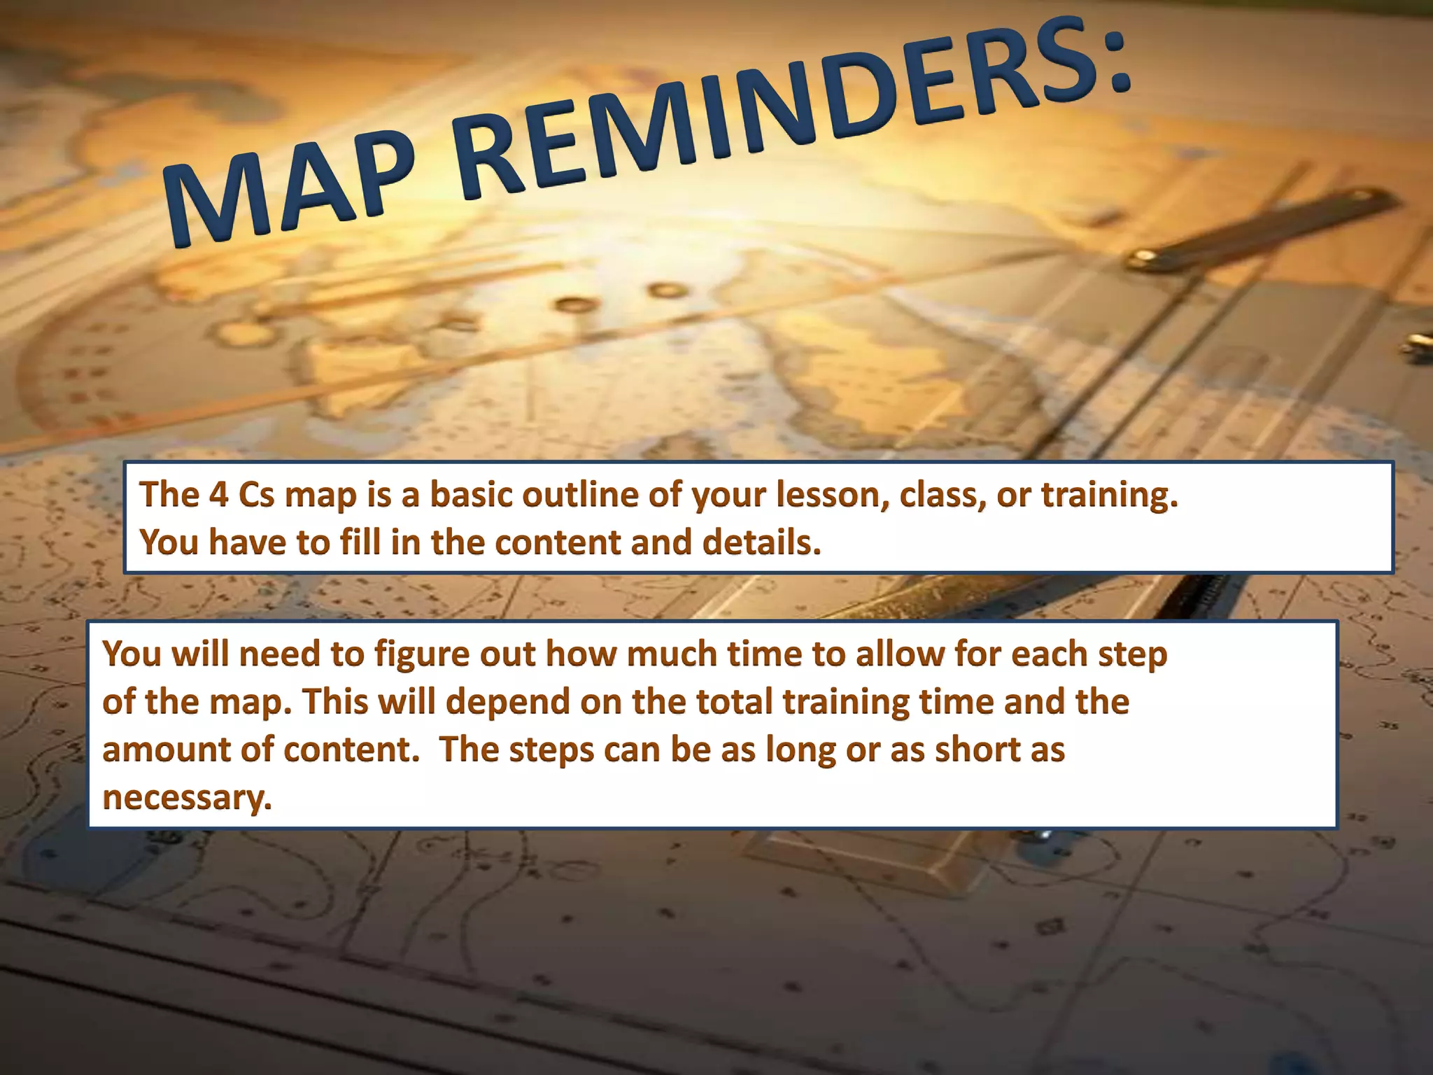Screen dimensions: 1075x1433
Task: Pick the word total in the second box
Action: click(x=735, y=702)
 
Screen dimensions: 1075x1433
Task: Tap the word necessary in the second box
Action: click(x=186, y=798)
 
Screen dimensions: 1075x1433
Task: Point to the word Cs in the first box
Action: click(x=256, y=495)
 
